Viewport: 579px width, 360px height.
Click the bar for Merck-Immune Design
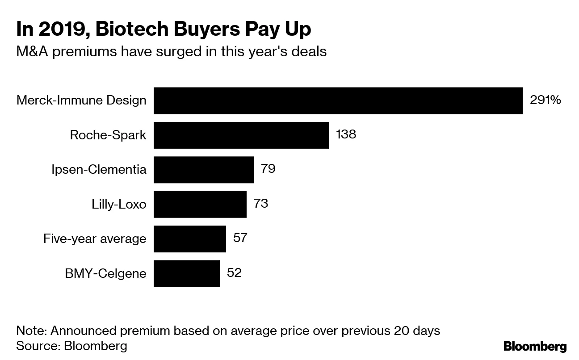click(338, 100)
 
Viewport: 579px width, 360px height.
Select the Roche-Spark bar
click(241, 135)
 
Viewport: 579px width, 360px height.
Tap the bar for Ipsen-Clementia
click(204, 169)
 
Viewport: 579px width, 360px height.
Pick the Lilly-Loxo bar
click(200, 204)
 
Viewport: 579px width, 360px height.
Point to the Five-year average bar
click(190, 239)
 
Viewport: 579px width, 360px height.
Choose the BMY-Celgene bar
click(187, 273)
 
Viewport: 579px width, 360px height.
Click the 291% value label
click(545, 100)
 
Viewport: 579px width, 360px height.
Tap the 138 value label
click(346, 134)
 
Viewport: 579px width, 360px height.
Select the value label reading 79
click(268, 169)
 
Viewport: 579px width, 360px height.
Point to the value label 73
click(261, 204)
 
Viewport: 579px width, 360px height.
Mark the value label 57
click(240, 238)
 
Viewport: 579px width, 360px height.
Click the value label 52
click(234, 272)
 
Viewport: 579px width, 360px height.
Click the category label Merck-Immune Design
click(81, 100)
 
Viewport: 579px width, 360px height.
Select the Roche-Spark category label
click(108, 135)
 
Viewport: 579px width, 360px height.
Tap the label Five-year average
click(95, 239)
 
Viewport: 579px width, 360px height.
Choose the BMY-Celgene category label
click(105, 273)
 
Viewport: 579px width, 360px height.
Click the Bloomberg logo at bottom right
click(535, 346)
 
